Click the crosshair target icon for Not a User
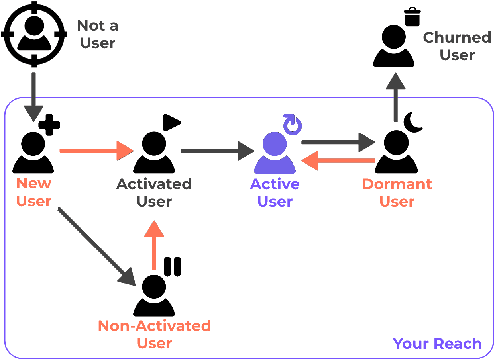click(33, 34)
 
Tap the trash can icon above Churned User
click(412, 16)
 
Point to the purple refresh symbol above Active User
click(293, 125)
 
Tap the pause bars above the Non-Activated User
click(173, 266)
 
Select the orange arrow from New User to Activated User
click(96, 151)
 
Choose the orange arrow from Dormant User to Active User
click(339, 160)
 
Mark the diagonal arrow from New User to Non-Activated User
click(98, 247)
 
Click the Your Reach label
click(437, 343)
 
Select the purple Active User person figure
click(275, 153)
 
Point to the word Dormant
click(397, 184)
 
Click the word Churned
click(457, 37)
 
